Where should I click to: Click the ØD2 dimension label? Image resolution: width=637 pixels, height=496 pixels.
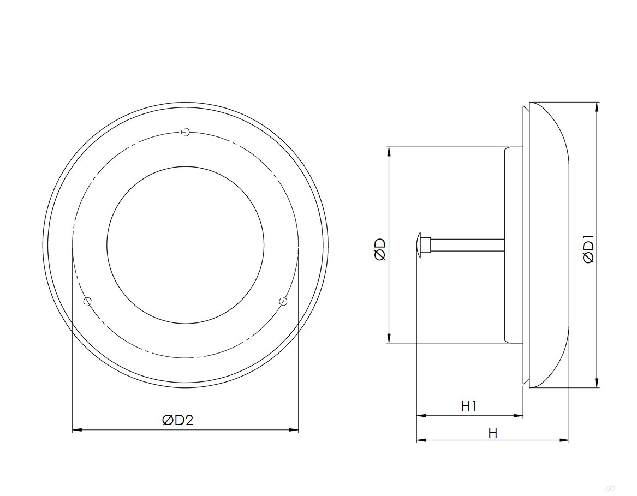177,420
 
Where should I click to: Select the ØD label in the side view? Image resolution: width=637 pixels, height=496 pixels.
380,249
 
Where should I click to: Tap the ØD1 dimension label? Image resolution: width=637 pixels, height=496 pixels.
588,249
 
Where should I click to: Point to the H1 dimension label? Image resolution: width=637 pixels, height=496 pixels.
469,405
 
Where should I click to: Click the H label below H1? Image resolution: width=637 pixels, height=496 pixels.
493,433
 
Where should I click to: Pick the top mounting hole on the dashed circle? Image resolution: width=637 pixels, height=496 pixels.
185,133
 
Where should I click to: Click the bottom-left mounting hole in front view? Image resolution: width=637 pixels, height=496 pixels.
87,301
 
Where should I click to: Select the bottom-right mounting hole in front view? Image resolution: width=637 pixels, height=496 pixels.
283,301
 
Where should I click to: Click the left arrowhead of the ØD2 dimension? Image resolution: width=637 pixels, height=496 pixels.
77,429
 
